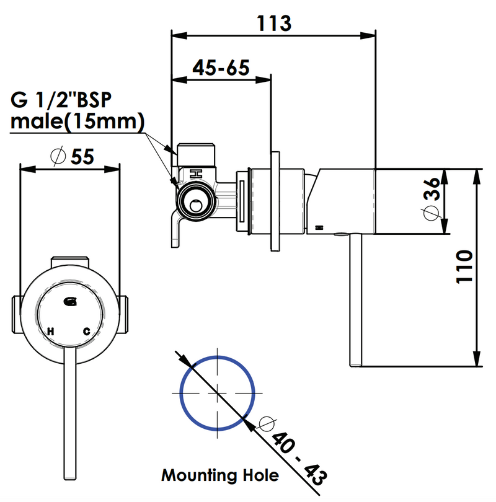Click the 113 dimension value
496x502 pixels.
click(273, 23)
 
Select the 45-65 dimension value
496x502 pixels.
click(220, 67)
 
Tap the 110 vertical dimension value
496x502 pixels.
click(465, 267)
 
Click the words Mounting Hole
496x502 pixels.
click(220, 476)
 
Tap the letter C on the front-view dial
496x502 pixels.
click(87, 332)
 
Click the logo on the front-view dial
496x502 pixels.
click(70, 302)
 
